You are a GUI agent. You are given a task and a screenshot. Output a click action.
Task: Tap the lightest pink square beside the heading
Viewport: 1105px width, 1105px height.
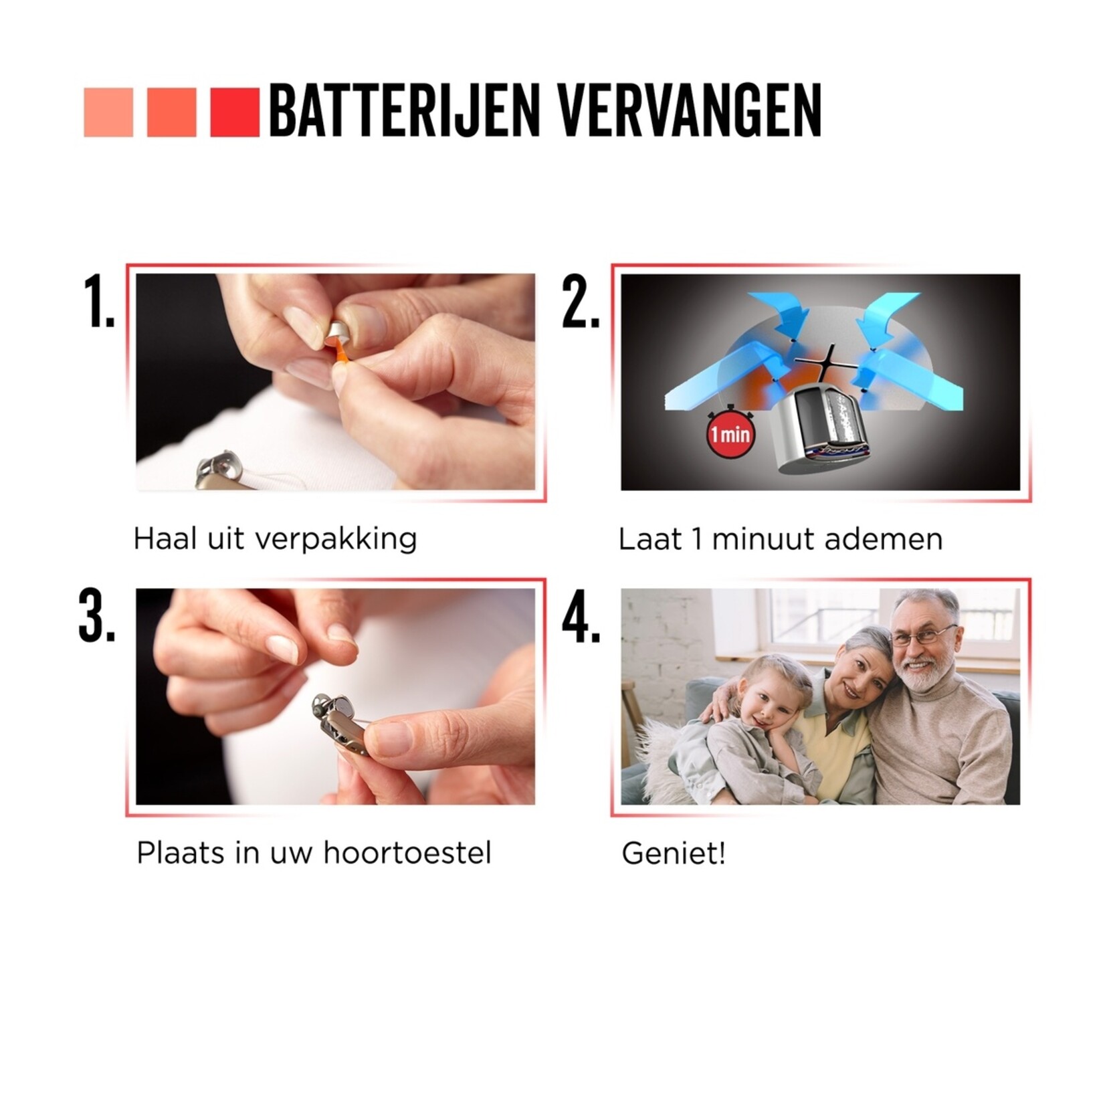pos(108,112)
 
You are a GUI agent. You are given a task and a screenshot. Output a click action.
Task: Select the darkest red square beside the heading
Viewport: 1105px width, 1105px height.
pos(234,112)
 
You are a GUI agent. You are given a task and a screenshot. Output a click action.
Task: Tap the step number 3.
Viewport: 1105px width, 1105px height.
pos(97,617)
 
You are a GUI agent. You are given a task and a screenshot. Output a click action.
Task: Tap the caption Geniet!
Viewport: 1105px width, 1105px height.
pos(674,854)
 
